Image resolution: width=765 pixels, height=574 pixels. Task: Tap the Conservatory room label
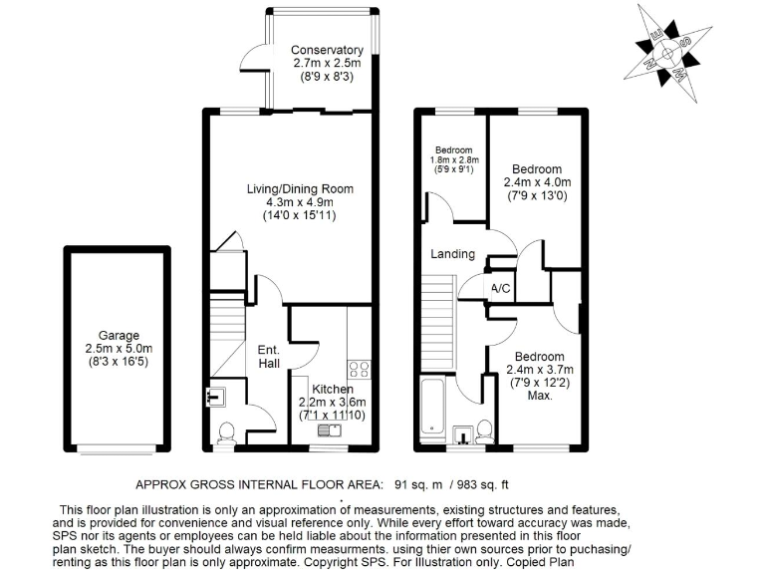point(327,51)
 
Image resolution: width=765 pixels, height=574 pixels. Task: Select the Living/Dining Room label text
point(300,188)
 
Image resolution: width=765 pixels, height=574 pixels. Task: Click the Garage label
point(119,336)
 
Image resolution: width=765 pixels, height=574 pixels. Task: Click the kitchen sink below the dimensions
point(329,430)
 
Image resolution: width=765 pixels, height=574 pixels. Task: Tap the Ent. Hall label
point(269,357)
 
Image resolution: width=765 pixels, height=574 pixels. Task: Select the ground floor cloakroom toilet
point(226,431)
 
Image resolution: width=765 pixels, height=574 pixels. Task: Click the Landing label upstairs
point(452,255)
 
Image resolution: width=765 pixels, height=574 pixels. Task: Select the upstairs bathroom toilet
point(483,430)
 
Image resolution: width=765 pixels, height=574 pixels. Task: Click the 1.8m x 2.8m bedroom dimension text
point(454,159)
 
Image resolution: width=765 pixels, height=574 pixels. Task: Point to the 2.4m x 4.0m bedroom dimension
point(536,182)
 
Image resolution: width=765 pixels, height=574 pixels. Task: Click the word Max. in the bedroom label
point(540,396)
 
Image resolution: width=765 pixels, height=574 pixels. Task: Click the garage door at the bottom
point(119,447)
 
